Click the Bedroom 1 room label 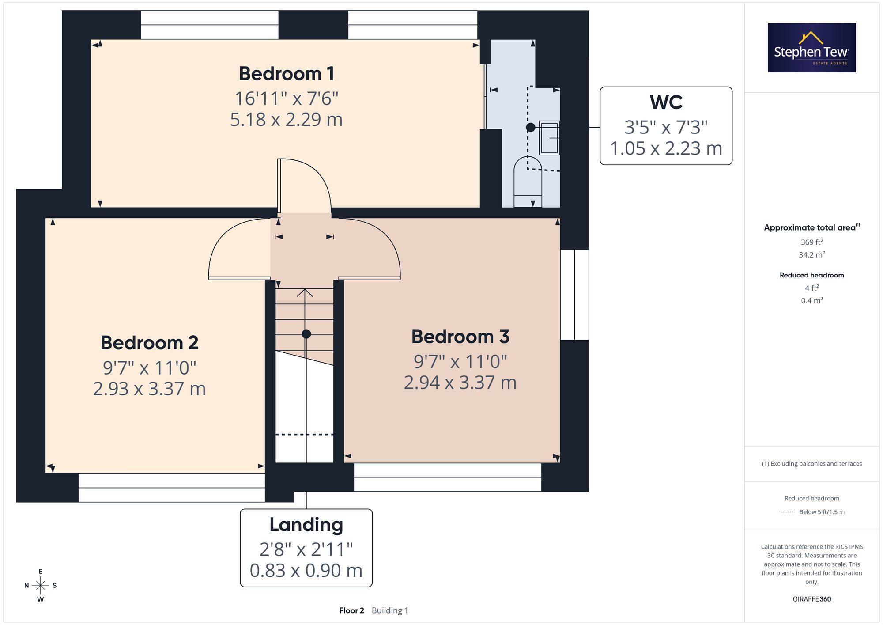[287, 74]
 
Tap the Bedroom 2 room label [150, 343]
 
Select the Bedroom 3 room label [460, 337]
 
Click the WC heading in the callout [666, 102]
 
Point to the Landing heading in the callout [306, 525]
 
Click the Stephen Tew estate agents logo [812, 48]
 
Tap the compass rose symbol [41, 586]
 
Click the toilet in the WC [528, 181]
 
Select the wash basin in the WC [549, 138]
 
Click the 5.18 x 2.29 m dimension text [287, 120]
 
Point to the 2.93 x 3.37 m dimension [150, 389]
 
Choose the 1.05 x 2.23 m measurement [666, 148]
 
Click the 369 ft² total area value [812, 242]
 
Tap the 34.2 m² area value [812, 255]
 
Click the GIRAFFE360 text [812, 599]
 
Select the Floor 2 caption [351, 610]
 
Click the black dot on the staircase [306, 334]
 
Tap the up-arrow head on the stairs [305, 292]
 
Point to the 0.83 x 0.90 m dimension [306, 571]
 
